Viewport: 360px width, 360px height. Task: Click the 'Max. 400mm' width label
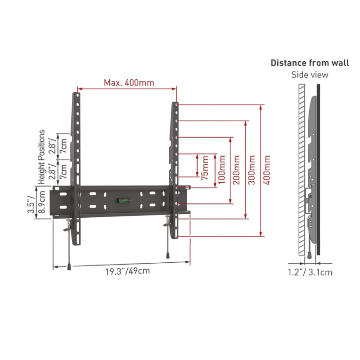(x=129, y=82)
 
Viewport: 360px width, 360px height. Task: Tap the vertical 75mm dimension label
(x=205, y=168)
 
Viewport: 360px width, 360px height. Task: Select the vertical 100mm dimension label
(x=221, y=170)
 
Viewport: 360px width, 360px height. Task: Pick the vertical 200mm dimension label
(x=236, y=170)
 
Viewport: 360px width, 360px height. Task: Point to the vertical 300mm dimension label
(x=252, y=170)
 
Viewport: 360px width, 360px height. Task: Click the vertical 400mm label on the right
(x=266, y=170)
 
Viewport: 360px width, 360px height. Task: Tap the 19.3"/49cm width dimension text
(x=128, y=271)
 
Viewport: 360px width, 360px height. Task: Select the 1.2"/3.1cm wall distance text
(x=310, y=272)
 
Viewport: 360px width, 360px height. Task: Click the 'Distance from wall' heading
(x=310, y=63)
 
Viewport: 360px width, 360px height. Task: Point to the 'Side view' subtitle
(x=310, y=75)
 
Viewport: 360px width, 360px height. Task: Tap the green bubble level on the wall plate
(x=124, y=201)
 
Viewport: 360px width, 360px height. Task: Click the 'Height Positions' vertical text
(x=41, y=157)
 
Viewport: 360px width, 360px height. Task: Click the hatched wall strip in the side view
(x=301, y=170)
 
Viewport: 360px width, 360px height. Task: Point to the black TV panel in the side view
(x=318, y=170)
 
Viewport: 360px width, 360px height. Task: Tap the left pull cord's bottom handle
(x=69, y=267)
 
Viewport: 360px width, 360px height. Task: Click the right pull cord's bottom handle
(x=167, y=256)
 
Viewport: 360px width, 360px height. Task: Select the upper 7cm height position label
(x=63, y=146)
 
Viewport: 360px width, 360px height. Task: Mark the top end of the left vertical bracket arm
(x=76, y=93)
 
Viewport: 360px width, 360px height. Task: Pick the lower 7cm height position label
(x=63, y=171)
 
